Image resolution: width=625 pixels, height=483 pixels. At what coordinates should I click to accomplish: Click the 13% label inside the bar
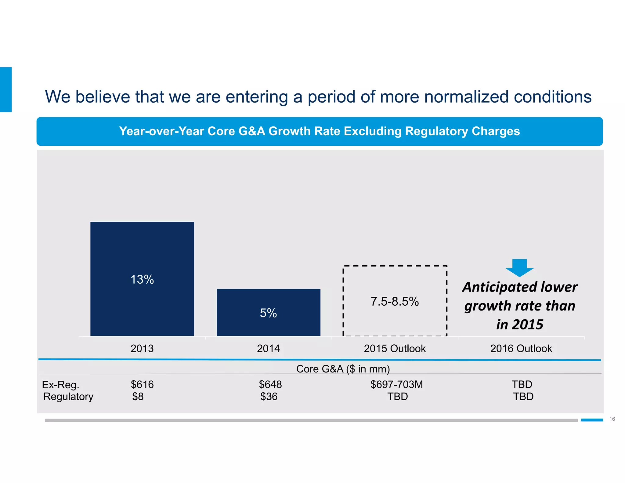(142, 279)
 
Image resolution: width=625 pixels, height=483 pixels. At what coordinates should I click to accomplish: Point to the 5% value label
(268, 313)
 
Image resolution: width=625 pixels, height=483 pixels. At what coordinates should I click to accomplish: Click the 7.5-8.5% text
(395, 301)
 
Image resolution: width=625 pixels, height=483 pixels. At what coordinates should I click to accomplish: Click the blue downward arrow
(519, 267)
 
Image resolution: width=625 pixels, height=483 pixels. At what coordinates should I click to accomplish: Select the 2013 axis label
(142, 348)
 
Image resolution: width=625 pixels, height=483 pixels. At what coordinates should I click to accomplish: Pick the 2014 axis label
(268, 348)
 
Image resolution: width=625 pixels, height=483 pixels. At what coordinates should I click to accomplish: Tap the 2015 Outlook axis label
(395, 348)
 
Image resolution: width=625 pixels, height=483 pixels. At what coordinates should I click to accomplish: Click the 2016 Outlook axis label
(521, 348)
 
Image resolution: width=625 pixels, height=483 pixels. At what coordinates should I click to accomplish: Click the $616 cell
(142, 384)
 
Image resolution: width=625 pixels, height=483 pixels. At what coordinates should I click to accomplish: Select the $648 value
(270, 384)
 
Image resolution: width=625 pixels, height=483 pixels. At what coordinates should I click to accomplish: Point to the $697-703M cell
(396, 384)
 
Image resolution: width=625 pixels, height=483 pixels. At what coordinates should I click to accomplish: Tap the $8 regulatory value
(138, 397)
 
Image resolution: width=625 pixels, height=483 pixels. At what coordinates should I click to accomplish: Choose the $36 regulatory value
(269, 397)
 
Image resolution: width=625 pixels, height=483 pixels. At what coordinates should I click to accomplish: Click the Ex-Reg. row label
(60, 385)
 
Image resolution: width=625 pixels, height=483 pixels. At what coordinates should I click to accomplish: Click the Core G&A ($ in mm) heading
(343, 369)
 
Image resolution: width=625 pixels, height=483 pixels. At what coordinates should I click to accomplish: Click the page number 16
(612, 419)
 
